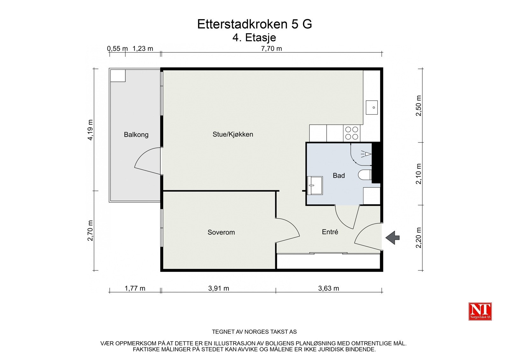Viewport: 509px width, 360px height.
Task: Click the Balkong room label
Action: coord(136,135)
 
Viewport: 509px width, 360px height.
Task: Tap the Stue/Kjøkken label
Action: coord(233,134)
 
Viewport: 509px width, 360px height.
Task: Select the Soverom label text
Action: coord(221,232)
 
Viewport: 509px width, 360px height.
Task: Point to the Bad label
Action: coord(338,175)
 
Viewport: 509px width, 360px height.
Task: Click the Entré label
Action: coord(330,232)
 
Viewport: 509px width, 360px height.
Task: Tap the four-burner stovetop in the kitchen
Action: coord(352,133)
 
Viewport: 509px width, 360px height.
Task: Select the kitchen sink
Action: coord(372,107)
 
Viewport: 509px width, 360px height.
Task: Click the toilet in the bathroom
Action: coord(365,175)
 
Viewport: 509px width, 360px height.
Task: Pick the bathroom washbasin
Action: coord(315,185)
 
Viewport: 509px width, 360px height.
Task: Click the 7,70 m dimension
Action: coord(271,49)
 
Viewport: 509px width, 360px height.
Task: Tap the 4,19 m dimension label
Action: coord(91,130)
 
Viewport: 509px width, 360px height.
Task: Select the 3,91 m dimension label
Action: coord(219,288)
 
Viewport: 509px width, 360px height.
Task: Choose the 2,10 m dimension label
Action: coord(419,173)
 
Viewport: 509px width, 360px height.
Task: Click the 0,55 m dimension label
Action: coord(117,49)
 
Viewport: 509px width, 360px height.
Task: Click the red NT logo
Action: coord(480,311)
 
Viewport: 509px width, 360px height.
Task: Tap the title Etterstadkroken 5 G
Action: coord(254,24)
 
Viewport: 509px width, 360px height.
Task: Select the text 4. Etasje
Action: coord(254,38)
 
